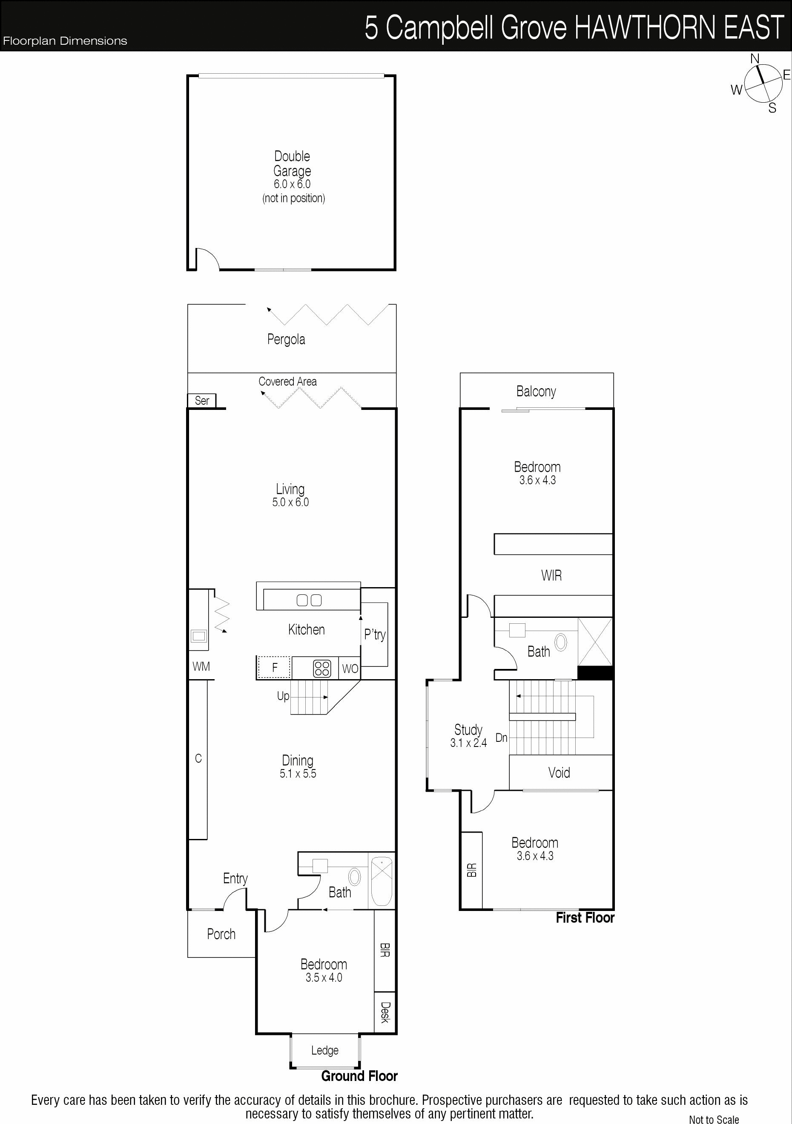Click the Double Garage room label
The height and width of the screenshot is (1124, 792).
[x=292, y=164]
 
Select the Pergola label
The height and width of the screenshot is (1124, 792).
[x=286, y=339]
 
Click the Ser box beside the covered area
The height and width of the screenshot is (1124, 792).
[x=201, y=401]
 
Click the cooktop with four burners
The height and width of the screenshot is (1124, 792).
[x=322, y=668]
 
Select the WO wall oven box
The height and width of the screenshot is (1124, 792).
[x=350, y=668]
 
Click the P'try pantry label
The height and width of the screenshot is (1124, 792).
[x=375, y=635]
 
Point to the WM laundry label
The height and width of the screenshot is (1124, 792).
[x=201, y=666]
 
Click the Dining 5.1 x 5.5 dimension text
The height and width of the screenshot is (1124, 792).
[x=298, y=773]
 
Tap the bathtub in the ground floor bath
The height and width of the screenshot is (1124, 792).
[x=382, y=881]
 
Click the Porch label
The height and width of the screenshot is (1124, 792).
[x=221, y=934]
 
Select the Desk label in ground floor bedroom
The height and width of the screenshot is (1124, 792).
[x=385, y=1012]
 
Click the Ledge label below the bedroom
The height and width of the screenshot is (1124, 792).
[x=325, y=1050]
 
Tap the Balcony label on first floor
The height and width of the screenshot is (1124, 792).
[x=536, y=391]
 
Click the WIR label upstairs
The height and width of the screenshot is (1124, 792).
[x=551, y=576]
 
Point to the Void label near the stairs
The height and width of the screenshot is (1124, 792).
[x=559, y=772]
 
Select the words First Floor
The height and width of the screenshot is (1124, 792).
[x=585, y=917]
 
